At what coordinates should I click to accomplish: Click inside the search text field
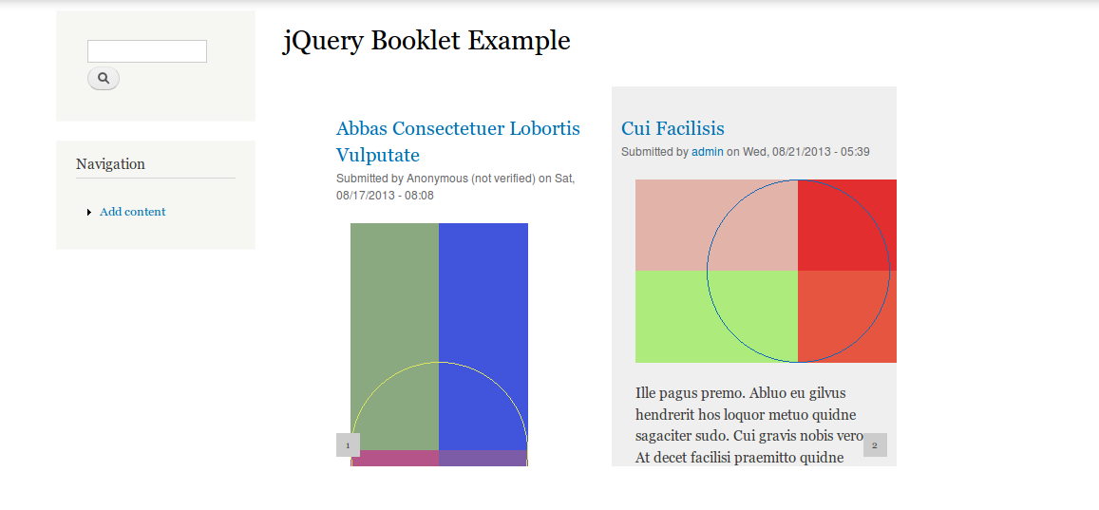pyautogui.click(x=147, y=51)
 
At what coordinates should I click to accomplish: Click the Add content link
pyautogui.click(x=132, y=212)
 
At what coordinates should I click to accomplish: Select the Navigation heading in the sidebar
pyautogui.click(x=111, y=164)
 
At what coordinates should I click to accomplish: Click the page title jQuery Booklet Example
pyautogui.click(x=426, y=42)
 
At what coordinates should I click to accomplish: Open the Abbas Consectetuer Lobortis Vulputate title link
pyautogui.click(x=459, y=142)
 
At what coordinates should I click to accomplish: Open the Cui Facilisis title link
pyautogui.click(x=673, y=128)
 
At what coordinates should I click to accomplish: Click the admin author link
pyautogui.click(x=708, y=151)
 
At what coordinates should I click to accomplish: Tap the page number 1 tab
pyautogui.click(x=349, y=444)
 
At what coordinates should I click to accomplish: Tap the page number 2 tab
pyautogui.click(x=875, y=444)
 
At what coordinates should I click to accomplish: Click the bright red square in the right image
pyautogui.click(x=846, y=225)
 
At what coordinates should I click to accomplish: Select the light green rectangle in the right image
pyautogui.click(x=716, y=316)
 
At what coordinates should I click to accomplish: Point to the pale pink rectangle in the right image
pyautogui.click(x=716, y=225)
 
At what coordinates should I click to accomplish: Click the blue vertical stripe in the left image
pyautogui.click(x=483, y=336)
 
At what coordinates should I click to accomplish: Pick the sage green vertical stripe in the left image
pyautogui.click(x=394, y=336)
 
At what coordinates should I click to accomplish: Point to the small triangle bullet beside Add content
pyautogui.click(x=89, y=213)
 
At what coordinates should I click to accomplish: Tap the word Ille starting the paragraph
pyautogui.click(x=649, y=392)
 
